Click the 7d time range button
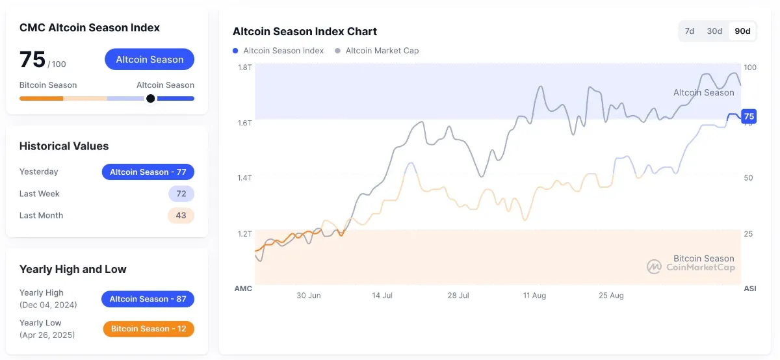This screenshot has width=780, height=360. point(690,31)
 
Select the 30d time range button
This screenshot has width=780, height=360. point(714,31)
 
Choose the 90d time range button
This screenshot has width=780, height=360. point(742,31)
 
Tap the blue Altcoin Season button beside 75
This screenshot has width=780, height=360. point(149,59)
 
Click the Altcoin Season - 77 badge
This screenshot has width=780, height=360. point(148,172)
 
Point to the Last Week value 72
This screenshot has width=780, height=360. point(181,194)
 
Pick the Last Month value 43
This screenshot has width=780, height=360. point(181,215)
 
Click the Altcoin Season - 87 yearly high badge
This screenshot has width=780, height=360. point(148,299)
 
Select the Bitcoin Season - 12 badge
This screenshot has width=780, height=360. point(148,329)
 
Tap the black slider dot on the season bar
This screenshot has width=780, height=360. point(151,99)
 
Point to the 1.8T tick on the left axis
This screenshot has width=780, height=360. point(244,68)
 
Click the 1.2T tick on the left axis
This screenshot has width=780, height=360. point(244,233)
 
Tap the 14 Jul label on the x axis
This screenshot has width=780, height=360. point(382,295)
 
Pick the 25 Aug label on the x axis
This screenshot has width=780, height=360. point(611,295)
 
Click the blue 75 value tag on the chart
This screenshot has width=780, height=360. point(749,116)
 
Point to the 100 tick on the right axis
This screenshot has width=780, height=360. point(750,68)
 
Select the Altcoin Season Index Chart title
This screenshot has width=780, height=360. point(305,31)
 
